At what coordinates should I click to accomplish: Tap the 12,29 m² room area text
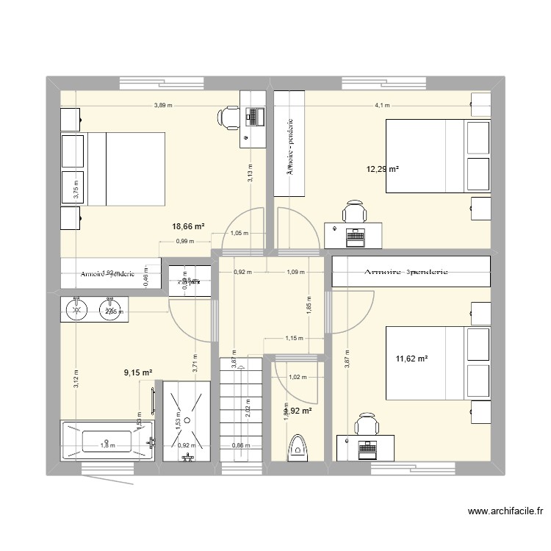coord(383,170)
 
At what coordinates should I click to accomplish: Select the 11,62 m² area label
coord(411,359)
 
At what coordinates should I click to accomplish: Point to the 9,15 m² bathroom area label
coord(138,373)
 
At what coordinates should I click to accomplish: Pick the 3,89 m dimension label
coord(163,105)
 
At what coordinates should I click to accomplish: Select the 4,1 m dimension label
coord(383,105)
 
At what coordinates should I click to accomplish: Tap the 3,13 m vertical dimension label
coord(250,173)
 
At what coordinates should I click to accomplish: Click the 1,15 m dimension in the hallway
coord(294,339)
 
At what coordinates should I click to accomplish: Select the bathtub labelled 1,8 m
coord(107,442)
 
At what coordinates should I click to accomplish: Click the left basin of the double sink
coord(76,309)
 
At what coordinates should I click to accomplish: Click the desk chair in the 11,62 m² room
coord(365,424)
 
